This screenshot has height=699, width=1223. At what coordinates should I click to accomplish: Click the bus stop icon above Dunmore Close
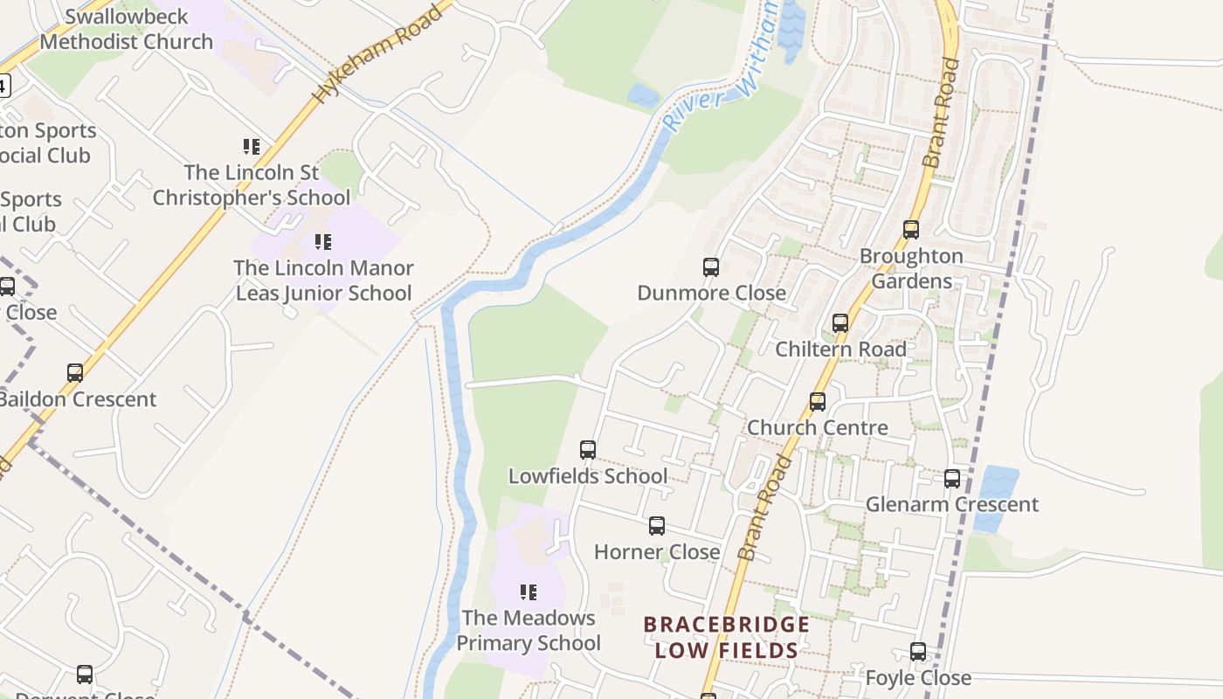(x=711, y=267)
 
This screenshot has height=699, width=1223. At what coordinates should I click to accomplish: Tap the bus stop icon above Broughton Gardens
(x=911, y=230)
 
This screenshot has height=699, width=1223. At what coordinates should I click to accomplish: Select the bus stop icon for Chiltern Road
(x=840, y=323)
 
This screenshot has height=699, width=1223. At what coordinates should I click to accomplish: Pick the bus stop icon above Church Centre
(x=818, y=402)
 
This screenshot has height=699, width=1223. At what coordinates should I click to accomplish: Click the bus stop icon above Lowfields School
(x=588, y=450)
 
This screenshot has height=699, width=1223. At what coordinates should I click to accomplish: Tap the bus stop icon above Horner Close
(x=657, y=526)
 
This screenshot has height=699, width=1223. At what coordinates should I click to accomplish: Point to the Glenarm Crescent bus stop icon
(x=952, y=479)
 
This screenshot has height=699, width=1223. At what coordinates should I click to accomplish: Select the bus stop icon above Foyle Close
(x=918, y=652)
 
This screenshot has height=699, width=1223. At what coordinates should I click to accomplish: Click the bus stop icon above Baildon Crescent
(x=75, y=373)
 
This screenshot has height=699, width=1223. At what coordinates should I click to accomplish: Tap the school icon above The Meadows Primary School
(x=529, y=592)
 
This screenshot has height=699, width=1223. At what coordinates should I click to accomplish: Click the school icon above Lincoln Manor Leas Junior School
(x=323, y=241)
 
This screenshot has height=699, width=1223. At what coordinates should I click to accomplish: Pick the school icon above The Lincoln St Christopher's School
(x=252, y=146)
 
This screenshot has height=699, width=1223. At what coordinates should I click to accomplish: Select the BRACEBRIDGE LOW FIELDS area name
(x=727, y=637)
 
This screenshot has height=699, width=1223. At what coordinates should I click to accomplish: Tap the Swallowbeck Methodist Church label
(x=127, y=29)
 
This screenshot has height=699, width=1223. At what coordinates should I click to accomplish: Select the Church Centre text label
(x=817, y=427)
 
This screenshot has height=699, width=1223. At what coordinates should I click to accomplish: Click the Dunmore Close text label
(x=711, y=293)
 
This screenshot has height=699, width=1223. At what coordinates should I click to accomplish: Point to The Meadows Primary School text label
(x=529, y=630)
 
